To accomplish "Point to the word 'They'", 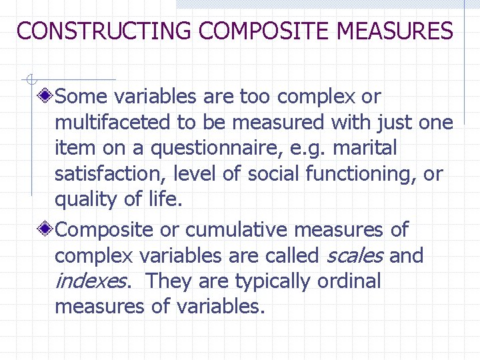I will pos(167,281).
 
